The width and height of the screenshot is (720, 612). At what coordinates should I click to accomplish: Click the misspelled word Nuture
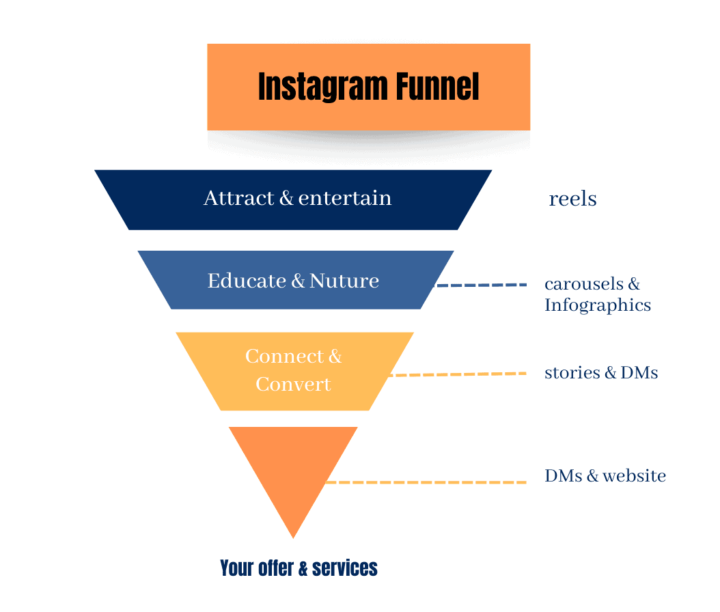pyautogui.click(x=344, y=281)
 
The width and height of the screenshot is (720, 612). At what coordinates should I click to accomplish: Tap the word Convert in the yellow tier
pyautogui.click(x=293, y=384)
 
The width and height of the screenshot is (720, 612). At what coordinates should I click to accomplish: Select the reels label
pyautogui.click(x=572, y=199)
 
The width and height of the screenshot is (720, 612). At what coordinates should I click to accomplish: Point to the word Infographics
pyautogui.click(x=598, y=305)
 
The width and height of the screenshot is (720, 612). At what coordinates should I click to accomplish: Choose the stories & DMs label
pyautogui.click(x=601, y=373)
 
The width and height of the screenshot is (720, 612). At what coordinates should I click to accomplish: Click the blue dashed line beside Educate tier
pyautogui.click(x=482, y=285)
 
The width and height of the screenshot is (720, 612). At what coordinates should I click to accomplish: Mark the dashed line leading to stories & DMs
pyautogui.click(x=458, y=374)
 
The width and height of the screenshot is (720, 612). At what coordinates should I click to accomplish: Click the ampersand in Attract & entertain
pyautogui.click(x=286, y=199)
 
